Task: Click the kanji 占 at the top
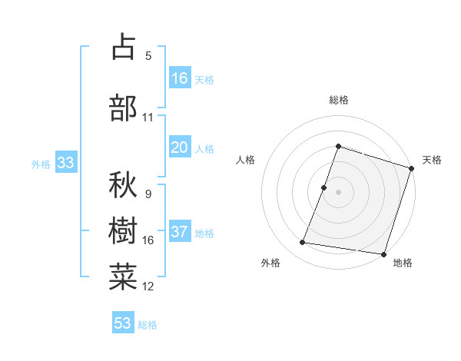pos(124,48)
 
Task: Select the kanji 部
pos(124,108)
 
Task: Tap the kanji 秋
pos(124,185)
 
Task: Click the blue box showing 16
pos(180,78)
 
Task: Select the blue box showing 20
pos(180,148)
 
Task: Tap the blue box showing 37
pos(180,232)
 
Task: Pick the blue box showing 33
pos(65,163)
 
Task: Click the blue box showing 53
pos(123,323)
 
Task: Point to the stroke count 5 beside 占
pos(148,56)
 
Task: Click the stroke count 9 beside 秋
pos(148,194)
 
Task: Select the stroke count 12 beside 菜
pos(148,286)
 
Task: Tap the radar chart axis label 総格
pos(339,100)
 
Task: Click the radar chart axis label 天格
pos(433,160)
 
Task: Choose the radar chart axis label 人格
pos(246,160)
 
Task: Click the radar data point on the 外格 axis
pos(302,243)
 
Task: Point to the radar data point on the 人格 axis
pos(324,187)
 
